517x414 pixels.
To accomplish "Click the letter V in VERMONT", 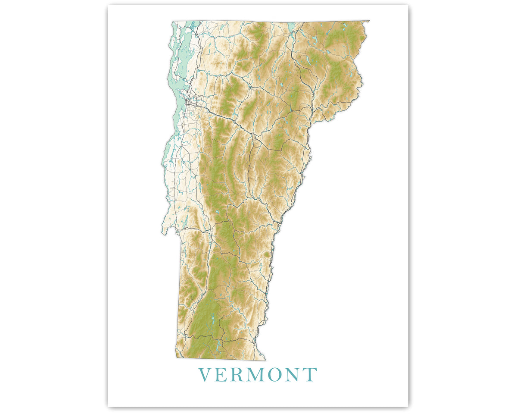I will (205, 375).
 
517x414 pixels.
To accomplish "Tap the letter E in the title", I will (223, 375).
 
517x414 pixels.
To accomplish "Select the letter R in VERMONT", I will (240, 375).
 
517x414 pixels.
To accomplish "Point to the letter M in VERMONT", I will (260, 375).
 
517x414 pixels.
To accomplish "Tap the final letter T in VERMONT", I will (311, 375).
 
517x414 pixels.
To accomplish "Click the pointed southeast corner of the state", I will (265, 360).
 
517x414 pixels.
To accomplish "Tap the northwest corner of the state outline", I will (173, 22).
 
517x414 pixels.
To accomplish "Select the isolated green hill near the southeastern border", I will (267, 255).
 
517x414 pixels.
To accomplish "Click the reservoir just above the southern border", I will (218, 345).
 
